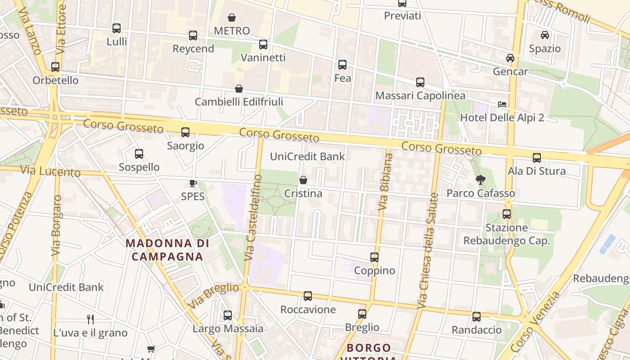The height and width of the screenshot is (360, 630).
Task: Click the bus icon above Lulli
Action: point(117,28)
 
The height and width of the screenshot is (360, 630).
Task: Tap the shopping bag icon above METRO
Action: point(232,18)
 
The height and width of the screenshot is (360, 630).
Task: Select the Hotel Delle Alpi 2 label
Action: point(502,118)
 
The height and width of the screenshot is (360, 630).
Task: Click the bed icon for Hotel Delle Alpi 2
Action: point(502,105)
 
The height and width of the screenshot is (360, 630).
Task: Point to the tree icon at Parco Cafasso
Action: point(481,180)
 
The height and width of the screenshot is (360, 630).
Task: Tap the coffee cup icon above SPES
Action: point(193,183)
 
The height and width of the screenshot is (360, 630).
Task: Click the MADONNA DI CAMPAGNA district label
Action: point(167,250)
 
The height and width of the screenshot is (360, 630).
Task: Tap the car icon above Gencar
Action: point(510,58)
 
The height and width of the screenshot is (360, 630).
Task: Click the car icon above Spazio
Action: point(545,35)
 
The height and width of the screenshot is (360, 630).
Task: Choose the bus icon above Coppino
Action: point(374,257)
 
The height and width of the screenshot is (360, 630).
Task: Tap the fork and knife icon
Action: point(90,319)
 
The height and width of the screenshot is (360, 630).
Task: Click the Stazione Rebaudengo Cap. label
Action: point(507,234)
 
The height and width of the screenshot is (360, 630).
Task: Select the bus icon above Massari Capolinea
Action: point(420,82)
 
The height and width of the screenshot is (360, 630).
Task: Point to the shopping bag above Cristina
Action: point(303,180)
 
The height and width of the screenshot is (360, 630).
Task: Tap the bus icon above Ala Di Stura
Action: point(537,158)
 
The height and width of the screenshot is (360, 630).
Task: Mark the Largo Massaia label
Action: point(228,328)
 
